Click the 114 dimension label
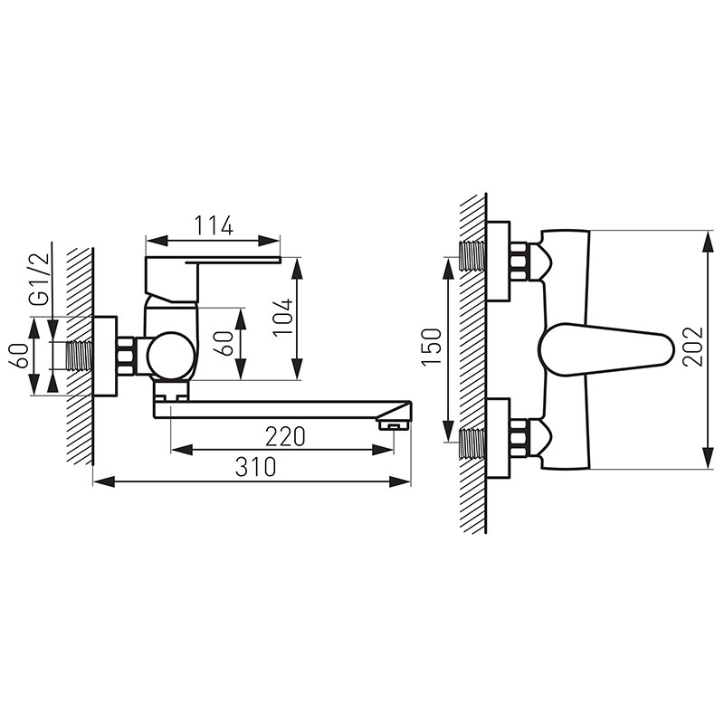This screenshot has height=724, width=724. point(214,225)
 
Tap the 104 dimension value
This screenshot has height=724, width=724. point(282,318)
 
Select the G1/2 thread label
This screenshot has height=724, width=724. point(39,279)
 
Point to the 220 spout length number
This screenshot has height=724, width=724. point(285,436)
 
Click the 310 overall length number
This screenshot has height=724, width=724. point(255,467)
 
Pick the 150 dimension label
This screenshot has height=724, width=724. point(432,348)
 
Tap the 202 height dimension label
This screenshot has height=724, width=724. point(693,348)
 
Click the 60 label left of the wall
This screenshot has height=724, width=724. point(19,356)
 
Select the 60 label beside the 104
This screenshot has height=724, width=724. point(223,344)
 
